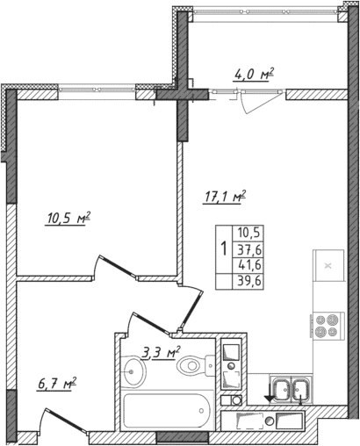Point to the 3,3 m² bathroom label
160,354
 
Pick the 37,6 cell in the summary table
250,248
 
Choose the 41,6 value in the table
250,264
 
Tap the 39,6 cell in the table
250,281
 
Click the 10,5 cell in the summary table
250,232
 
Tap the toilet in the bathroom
191,366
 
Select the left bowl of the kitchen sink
283,387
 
